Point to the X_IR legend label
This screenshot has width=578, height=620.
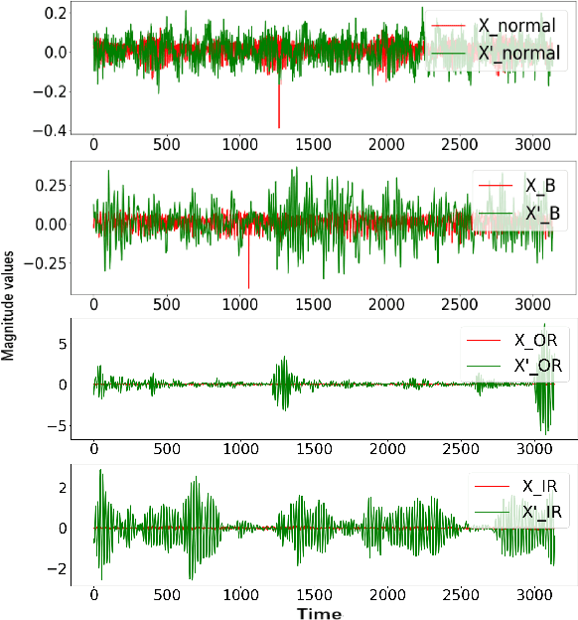pos(538,487)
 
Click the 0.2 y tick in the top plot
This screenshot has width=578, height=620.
pos(57,13)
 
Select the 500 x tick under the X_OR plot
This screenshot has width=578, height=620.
pos(167,447)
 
